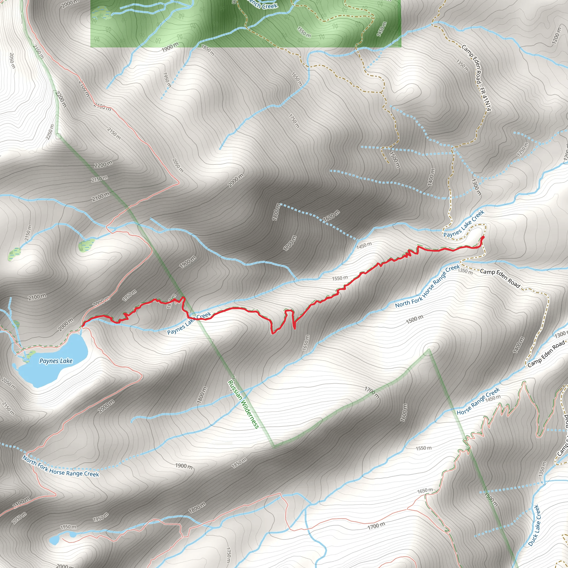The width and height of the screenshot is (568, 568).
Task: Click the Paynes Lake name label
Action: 56,361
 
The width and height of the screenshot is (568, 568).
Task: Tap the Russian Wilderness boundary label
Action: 243,404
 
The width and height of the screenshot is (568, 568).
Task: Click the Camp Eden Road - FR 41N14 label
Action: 476,78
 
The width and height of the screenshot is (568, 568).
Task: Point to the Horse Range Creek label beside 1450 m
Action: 478,401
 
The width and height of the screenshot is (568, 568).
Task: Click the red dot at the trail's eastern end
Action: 483,237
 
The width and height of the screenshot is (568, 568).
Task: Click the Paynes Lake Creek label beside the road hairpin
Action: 464,224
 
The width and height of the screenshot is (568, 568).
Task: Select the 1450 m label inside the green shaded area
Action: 381,29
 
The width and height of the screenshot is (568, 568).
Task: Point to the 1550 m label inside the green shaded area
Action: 304,32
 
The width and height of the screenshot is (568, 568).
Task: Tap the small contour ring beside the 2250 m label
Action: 58,136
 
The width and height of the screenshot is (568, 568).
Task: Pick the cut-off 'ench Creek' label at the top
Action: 262,4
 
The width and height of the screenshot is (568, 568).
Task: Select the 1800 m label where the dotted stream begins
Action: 276,212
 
